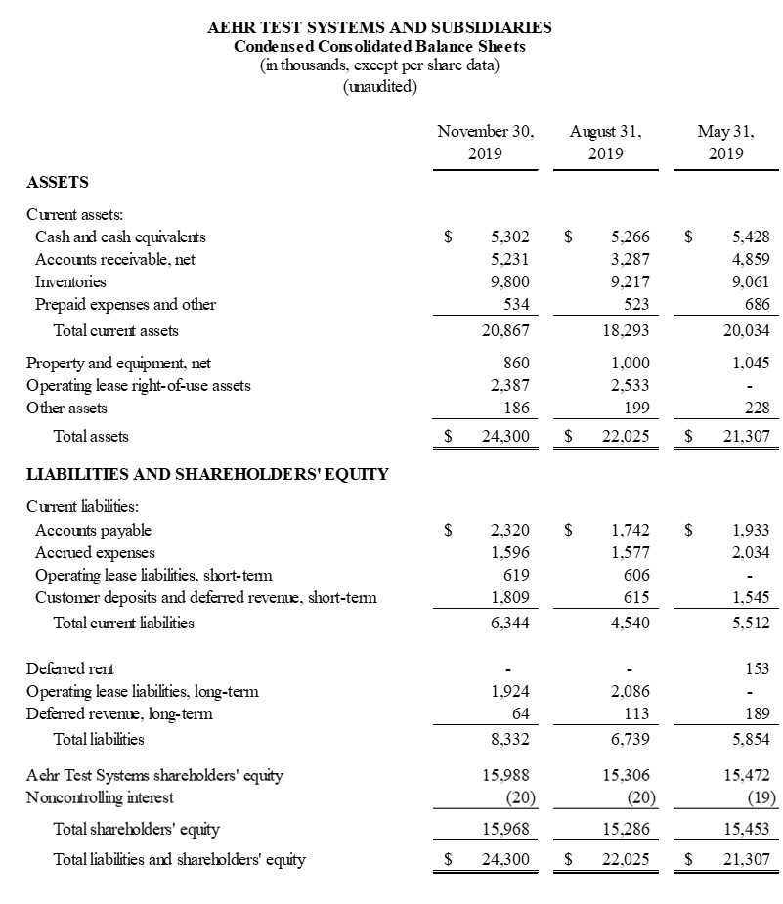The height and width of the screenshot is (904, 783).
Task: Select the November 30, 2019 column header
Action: [486, 142]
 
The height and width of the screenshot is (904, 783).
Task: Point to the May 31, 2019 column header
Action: [724, 142]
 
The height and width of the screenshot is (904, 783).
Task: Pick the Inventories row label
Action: [70, 281]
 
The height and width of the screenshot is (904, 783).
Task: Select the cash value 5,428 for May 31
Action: [750, 237]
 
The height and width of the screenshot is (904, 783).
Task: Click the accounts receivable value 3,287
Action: [630, 259]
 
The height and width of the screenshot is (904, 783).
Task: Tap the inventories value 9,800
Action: [509, 281]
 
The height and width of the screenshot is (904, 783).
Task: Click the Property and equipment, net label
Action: [118, 363]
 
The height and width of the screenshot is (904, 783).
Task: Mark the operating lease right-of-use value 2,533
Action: [630, 385]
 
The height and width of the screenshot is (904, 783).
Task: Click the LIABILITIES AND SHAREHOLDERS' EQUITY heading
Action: [207, 475]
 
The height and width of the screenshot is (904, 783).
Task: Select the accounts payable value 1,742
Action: [630, 530]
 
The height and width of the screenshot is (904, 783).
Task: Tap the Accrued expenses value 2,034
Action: [750, 552]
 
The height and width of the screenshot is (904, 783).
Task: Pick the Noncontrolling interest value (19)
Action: [760, 798]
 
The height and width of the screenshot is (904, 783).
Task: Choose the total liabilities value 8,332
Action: [509, 739]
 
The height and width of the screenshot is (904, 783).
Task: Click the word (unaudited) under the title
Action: [380, 86]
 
